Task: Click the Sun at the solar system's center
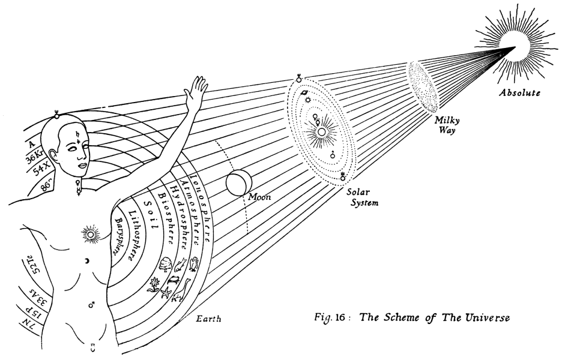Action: (321, 131)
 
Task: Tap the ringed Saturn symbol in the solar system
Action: (305, 93)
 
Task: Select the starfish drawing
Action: (166, 293)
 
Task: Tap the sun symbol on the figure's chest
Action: (91, 232)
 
